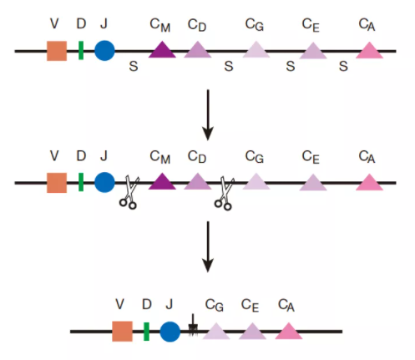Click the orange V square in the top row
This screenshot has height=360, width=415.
[x=57, y=51]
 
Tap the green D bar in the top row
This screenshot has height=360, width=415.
[x=81, y=50]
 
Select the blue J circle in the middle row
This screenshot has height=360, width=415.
[x=104, y=182]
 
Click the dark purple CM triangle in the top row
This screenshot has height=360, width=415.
[x=162, y=49]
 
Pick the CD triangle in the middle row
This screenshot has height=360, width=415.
[x=198, y=181]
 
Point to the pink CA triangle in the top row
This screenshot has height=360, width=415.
[x=370, y=50]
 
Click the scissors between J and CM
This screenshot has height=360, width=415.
[x=129, y=192]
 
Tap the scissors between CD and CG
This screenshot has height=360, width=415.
[x=224, y=193]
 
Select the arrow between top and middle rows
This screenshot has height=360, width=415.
[x=208, y=114]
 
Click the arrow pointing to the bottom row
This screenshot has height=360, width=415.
[x=208, y=246]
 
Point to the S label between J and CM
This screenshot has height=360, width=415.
[x=134, y=66]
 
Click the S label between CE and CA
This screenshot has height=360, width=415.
[x=343, y=66]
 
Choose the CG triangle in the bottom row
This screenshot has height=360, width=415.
[x=216, y=332]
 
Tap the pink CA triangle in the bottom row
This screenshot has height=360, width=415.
[x=289, y=331]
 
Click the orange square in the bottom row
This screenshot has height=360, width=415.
[x=122, y=332]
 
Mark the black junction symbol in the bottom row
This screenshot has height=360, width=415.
[x=193, y=326]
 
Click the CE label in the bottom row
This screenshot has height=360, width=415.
[x=250, y=306]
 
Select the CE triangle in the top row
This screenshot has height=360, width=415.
[x=313, y=51]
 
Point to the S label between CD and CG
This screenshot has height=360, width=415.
[x=229, y=66]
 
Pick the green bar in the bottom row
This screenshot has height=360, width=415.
[x=146, y=332]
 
